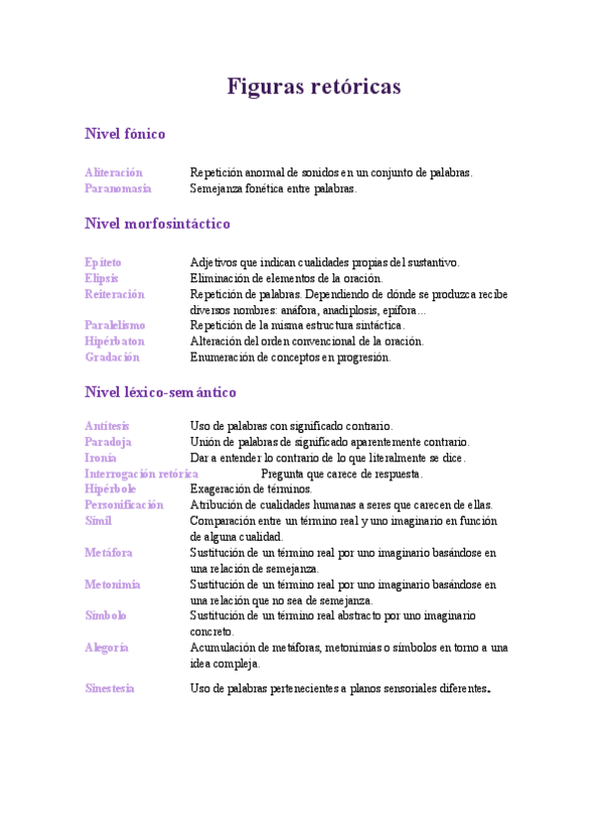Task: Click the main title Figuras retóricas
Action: pyautogui.click(x=314, y=87)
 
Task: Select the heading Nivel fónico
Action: pyautogui.click(x=125, y=133)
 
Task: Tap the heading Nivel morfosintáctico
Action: pyautogui.click(x=158, y=224)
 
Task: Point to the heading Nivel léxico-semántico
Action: pyautogui.click(x=161, y=392)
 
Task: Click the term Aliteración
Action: pyautogui.click(x=113, y=172)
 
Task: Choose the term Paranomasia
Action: pyautogui.click(x=118, y=188)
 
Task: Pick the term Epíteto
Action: pyautogui.click(x=103, y=262)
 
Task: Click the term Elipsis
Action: pyautogui.click(x=101, y=278)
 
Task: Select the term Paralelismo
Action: pyautogui.click(x=115, y=325)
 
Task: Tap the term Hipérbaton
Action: pyautogui.click(x=114, y=341)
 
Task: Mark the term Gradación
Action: pyautogui.click(x=112, y=357)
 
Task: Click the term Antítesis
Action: pyautogui.click(x=107, y=426)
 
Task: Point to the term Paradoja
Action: pyautogui.click(x=108, y=442)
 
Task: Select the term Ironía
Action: pyautogui.click(x=100, y=458)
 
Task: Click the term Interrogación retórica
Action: pyautogui.click(x=141, y=473)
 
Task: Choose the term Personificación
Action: pyautogui.click(x=124, y=504)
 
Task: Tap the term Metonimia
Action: pyautogui.click(x=112, y=584)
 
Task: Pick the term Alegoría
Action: pyautogui.click(x=107, y=647)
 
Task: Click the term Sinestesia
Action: pyautogui.click(x=109, y=687)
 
